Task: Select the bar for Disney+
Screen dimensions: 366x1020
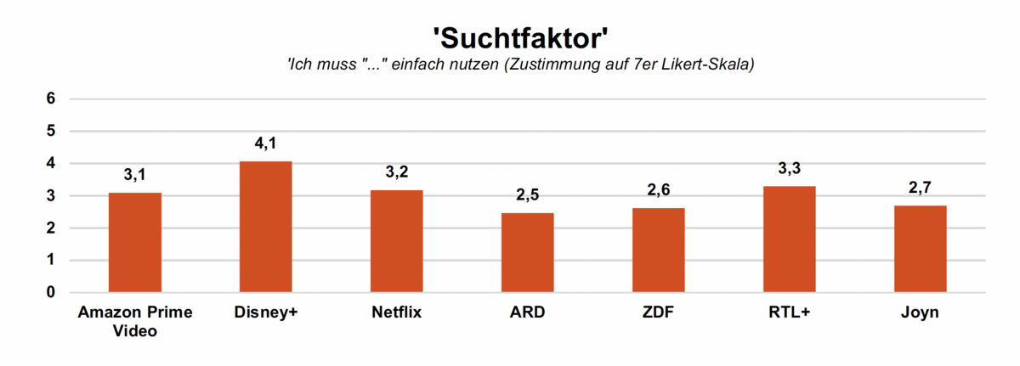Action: [x=266, y=227]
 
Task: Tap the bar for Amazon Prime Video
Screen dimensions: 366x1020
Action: [x=135, y=243]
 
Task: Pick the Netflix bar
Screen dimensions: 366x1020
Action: [x=397, y=241]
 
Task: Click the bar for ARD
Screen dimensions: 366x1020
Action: [x=528, y=252]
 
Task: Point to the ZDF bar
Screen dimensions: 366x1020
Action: [x=659, y=251]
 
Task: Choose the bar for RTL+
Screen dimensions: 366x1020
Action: [x=790, y=239]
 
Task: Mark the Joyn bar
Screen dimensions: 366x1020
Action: [x=921, y=249]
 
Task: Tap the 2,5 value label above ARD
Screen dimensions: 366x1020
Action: [x=528, y=195]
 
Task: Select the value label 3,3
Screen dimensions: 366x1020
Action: [x=790, y=169]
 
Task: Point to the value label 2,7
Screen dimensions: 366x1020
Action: [x=921, y=188]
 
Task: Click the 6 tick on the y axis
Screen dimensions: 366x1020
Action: [x=51, y=99]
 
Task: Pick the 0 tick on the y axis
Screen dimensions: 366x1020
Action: [x=51, y=293]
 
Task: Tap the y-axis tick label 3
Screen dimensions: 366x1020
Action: [x=51, y=196]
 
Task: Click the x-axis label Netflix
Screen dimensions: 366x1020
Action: [x=397, y=313]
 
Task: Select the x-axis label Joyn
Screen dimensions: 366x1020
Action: [x=921, y=313]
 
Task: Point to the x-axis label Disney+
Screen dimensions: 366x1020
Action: [x=266, y=313]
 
